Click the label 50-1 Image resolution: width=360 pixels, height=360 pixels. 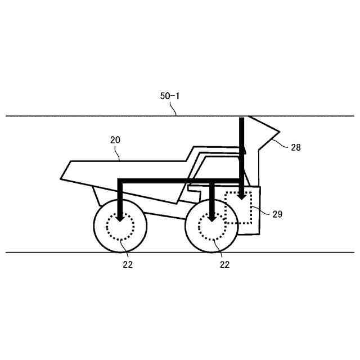point(169,96)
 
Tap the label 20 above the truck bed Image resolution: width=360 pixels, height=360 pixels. point(115,139)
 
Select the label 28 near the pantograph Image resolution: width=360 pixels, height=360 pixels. point(296,147)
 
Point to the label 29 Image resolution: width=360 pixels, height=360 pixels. point(277,214)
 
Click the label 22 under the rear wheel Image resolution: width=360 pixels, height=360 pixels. point(128,265)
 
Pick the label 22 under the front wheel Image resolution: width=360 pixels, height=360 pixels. point(224,265)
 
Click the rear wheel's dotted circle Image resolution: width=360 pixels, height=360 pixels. point(120,228)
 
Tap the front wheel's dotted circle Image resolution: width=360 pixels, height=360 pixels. point(212,227)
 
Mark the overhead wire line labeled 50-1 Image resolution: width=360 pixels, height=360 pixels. point(84,116)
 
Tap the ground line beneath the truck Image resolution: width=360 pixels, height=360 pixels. point(56,253)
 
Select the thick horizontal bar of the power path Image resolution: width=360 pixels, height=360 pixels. point(169,181)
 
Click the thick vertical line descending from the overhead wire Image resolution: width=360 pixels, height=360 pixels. point(241,146)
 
